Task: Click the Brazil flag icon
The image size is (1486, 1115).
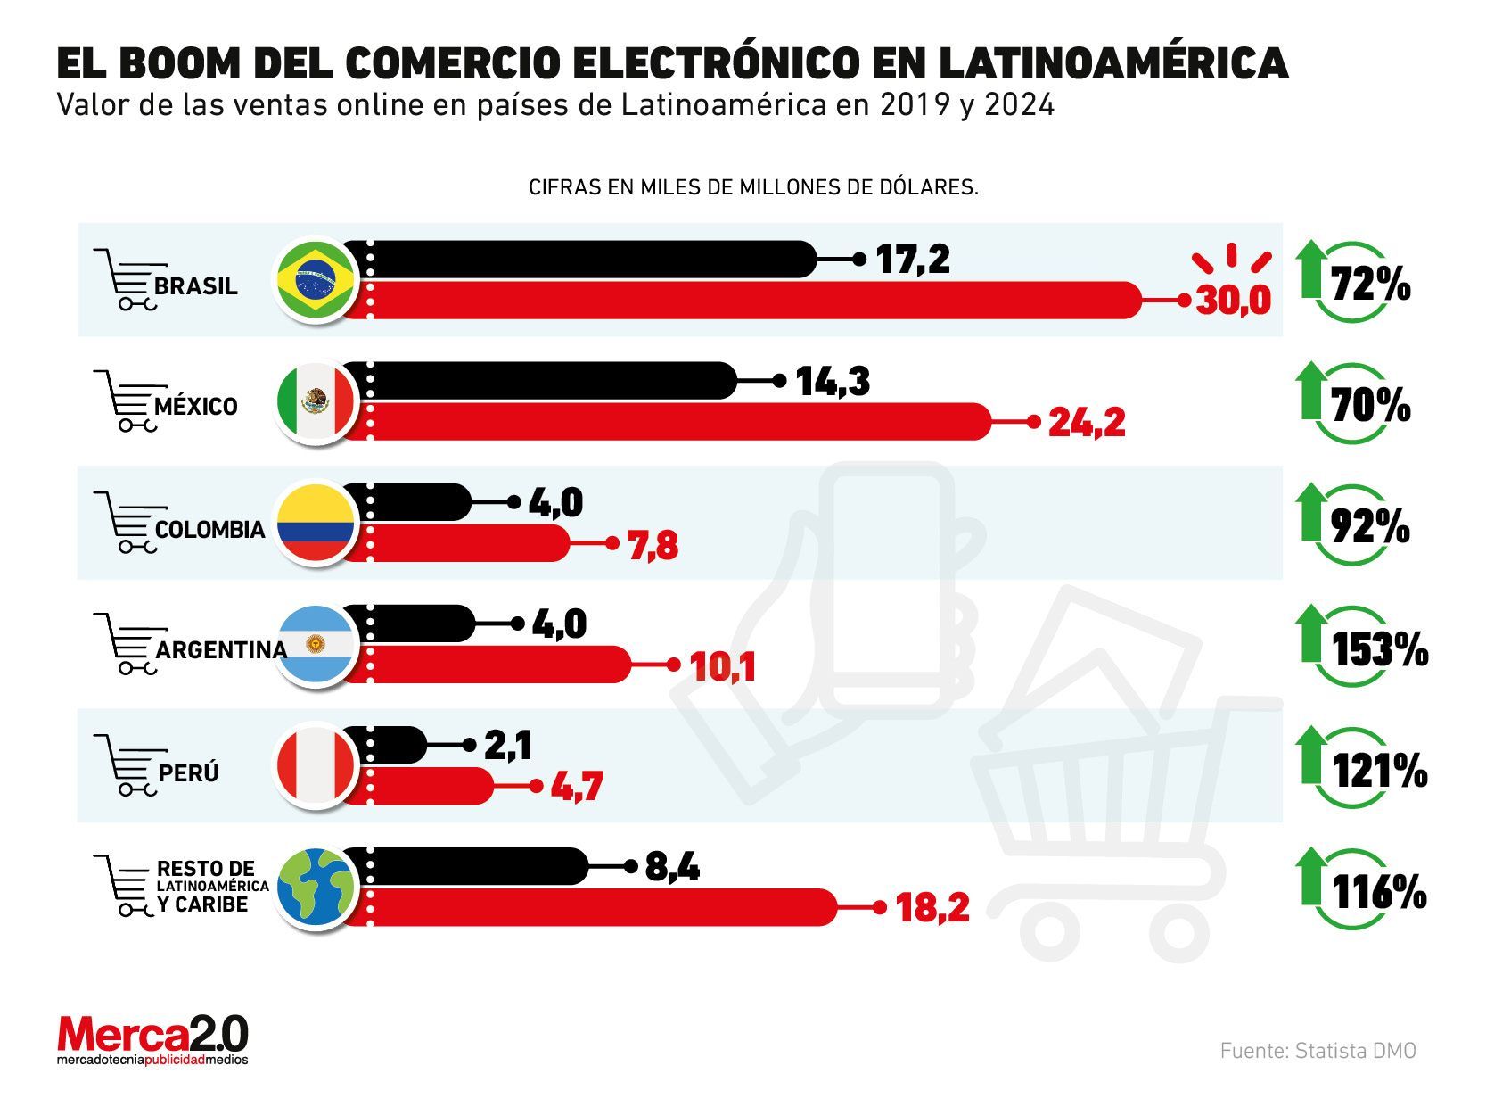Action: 315,280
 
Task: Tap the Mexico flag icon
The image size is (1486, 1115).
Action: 315,402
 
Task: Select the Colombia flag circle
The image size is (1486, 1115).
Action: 315,524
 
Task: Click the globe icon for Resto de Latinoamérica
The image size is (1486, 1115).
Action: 315,888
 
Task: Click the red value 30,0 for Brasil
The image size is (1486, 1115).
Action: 1233,301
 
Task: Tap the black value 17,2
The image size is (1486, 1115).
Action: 913,260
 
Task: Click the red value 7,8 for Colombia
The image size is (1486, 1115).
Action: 653,545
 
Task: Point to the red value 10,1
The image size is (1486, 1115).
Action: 723,666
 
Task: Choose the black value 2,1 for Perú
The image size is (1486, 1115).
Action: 508,746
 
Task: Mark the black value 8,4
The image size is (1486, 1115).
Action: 671,866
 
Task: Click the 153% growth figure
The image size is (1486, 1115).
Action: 1379,649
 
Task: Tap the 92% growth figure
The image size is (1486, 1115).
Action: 1370,528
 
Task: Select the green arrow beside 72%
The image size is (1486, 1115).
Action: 1310,268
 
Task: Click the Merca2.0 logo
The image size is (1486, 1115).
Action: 152,1039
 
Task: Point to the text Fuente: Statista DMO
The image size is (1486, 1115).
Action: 1317,1051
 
